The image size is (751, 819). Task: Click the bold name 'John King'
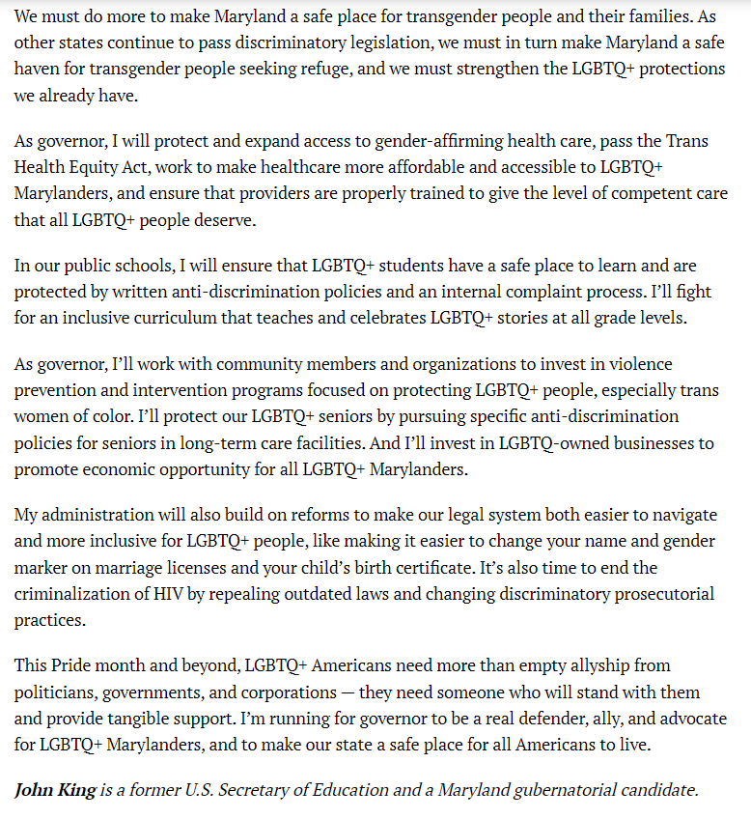tap(55, 790)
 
